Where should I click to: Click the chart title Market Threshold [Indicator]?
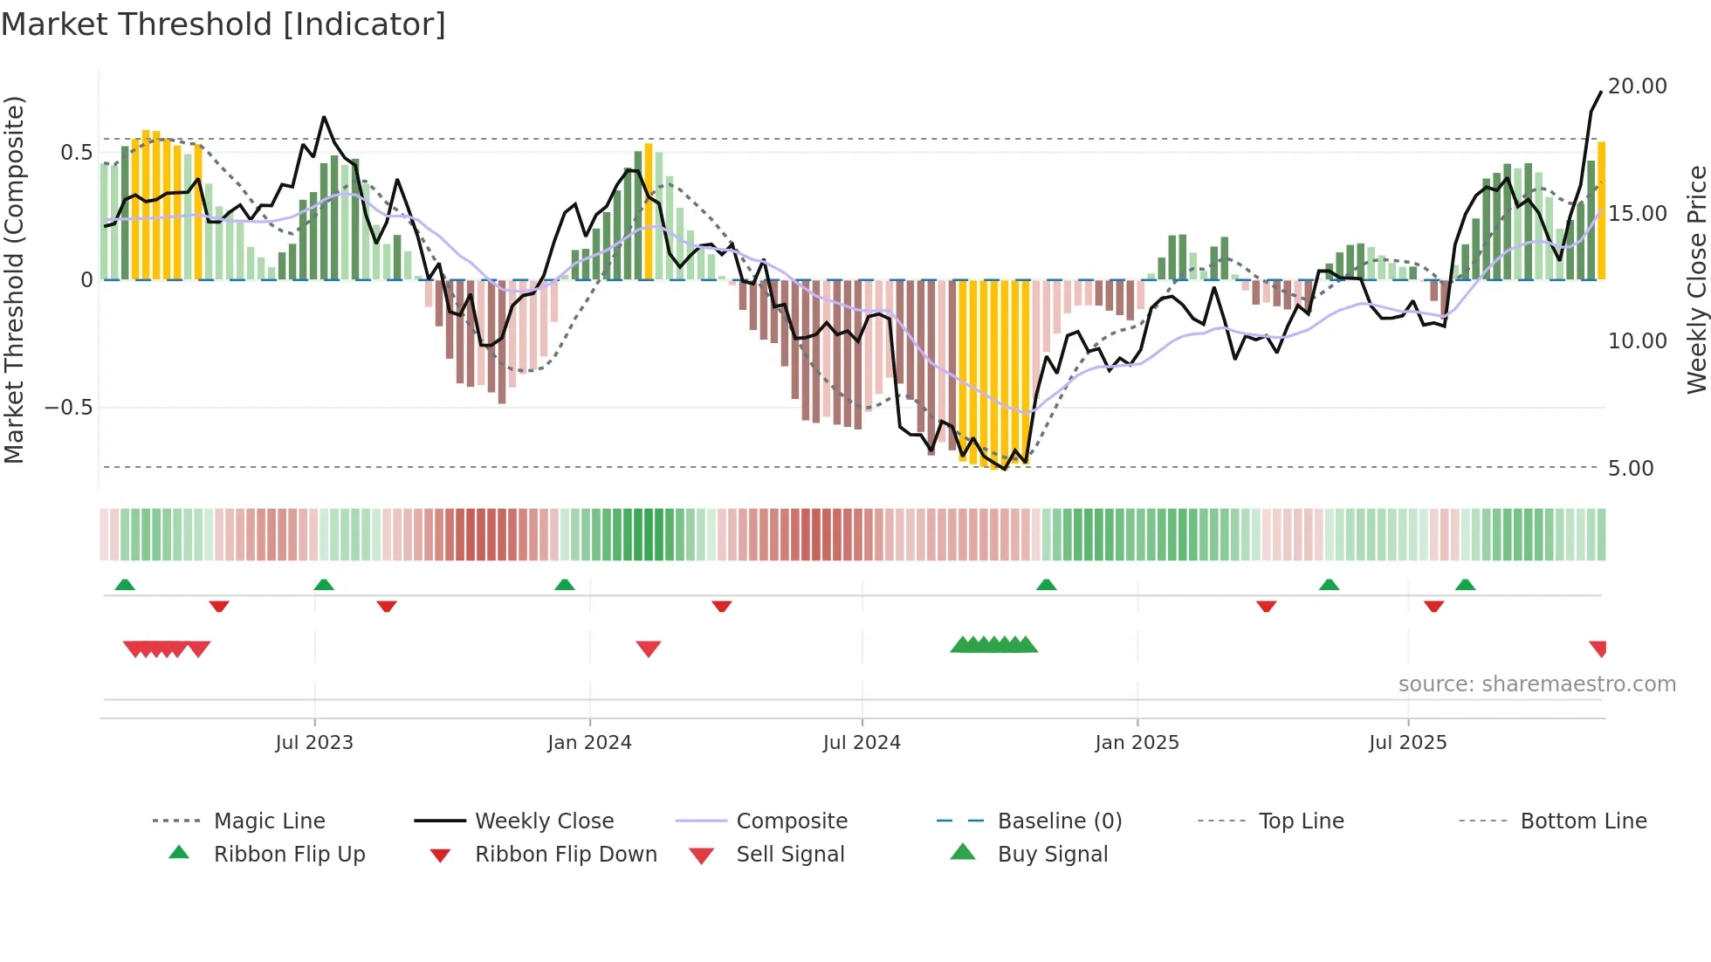[x=223, y=24]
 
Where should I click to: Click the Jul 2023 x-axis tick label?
[x=314, y=743]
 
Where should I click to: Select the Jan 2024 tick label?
[x=589, y=743]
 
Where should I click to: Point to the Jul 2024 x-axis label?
[x=862, y=743]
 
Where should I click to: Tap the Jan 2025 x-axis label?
[x=1137, y=743]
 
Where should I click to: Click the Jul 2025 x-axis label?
[x=1407, y=743]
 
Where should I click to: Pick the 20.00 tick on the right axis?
[x=1637, y=86]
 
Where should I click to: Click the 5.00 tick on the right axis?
[x=1631, y=469]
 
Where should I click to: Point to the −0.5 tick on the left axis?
[x=68, y=408]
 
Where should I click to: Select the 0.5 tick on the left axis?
[x=76, y=153]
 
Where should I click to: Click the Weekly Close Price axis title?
[x=1696, y=279]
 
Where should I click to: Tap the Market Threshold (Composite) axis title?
[x=14, y=279]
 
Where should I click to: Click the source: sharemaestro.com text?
[x=1536, y=684]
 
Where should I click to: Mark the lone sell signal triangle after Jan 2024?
[x=649, y=649]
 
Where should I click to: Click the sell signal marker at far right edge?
[x=1598, y=649]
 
